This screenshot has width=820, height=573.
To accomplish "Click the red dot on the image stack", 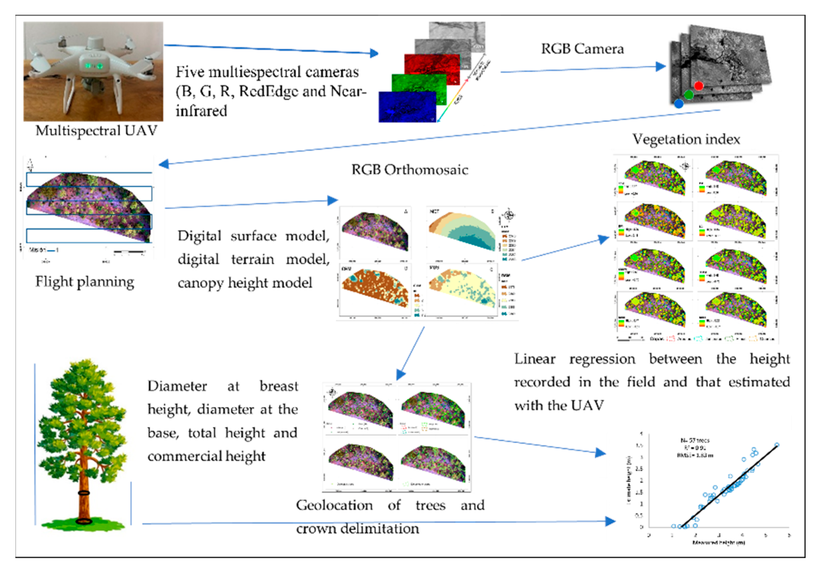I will [x=699, y=86].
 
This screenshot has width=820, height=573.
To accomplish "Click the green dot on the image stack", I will [x=689, y=95].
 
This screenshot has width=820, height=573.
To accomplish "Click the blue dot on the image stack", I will [x=679, y=104].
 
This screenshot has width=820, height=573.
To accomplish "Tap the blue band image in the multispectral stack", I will [x=407, y=107].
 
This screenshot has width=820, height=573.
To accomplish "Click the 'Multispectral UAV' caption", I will [x=96, y=131].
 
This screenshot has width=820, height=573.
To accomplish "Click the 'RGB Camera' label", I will [x=582, y=49].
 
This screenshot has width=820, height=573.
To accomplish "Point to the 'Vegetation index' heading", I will [x=686, y=139].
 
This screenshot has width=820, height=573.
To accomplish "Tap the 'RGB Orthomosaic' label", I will [x=410, y=170].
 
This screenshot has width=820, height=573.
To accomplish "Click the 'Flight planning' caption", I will [x=85, y=282].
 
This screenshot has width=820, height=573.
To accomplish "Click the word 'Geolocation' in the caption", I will [x=334, y=505].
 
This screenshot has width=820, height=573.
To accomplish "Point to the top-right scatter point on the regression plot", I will [x=777, y=445].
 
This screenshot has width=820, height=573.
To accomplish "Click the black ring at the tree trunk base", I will [x=84, y=521].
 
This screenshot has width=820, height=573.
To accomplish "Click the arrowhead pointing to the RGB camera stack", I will [x=661, y=67].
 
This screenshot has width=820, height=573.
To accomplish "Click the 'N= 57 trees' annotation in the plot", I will [x=695, y=440].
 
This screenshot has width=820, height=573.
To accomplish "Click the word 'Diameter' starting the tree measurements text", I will [x=177, y=386].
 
